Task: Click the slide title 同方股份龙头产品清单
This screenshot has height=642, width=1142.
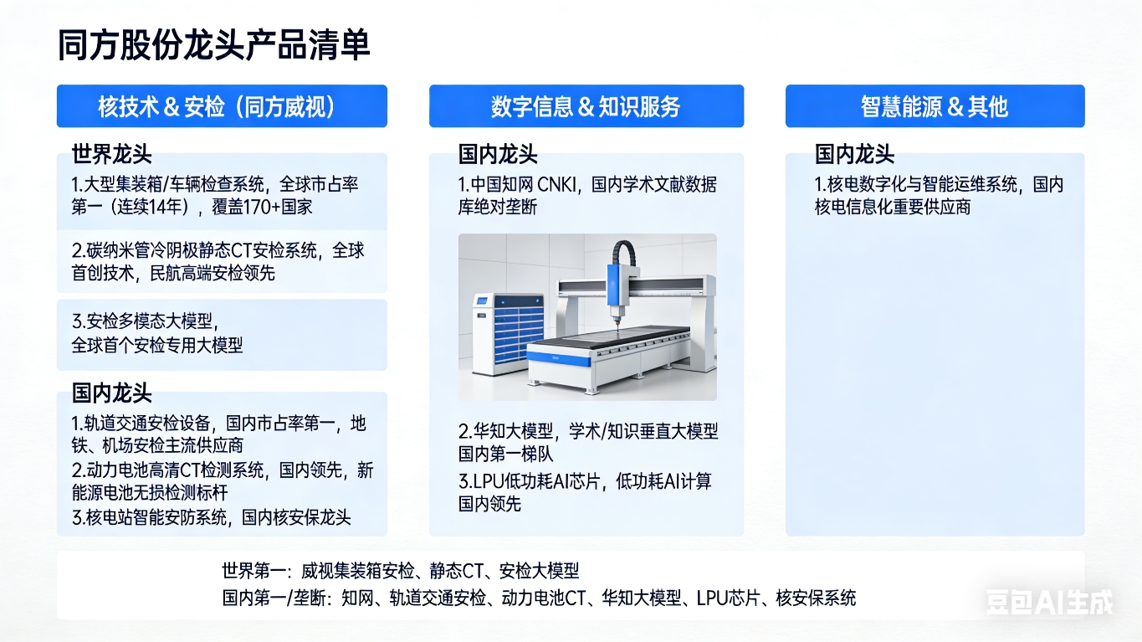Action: tap(213, 45)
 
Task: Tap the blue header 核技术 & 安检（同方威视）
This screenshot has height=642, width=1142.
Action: tap(222, 106)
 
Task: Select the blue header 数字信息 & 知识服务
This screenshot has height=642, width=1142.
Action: tap(586, 106)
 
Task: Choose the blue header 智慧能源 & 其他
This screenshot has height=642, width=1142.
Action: tap(935, 106)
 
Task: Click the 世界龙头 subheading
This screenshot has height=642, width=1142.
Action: tap(111, 154)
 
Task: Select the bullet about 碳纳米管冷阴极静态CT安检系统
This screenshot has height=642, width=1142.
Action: tap(218, 262)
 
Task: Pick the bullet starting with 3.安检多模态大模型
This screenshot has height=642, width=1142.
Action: tap(157, 333)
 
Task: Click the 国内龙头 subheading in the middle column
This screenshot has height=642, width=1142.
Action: tap(498, 154)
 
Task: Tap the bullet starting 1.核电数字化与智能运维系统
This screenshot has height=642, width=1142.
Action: tap(939, 195)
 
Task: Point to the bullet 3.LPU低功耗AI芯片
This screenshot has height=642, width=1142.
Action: tap(585, 493)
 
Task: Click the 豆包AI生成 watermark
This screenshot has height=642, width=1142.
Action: tap(1049, 602)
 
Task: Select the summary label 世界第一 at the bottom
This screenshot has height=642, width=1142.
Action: tap(253, 571)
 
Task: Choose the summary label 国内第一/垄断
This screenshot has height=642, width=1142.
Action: tap(274, 598)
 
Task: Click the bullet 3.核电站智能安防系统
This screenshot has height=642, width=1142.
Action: tap(211, 517)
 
